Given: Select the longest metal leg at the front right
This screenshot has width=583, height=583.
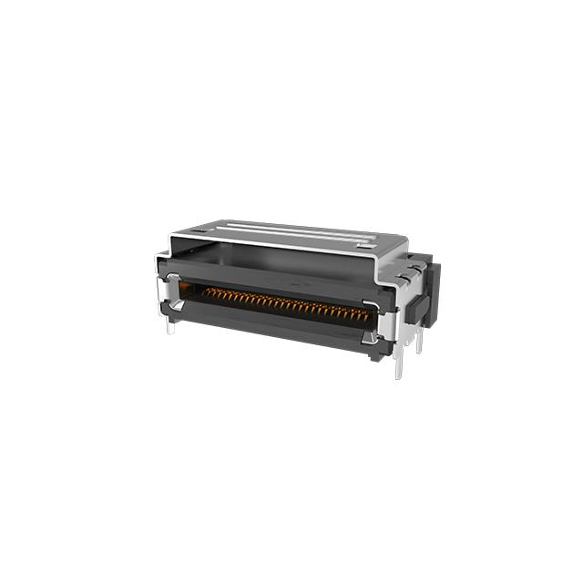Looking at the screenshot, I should tap(398, 364).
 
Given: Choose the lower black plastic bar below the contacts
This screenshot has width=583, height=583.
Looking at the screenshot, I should tap(273, 326).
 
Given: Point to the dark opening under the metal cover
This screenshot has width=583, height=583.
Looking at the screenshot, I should tap(273, 258).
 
